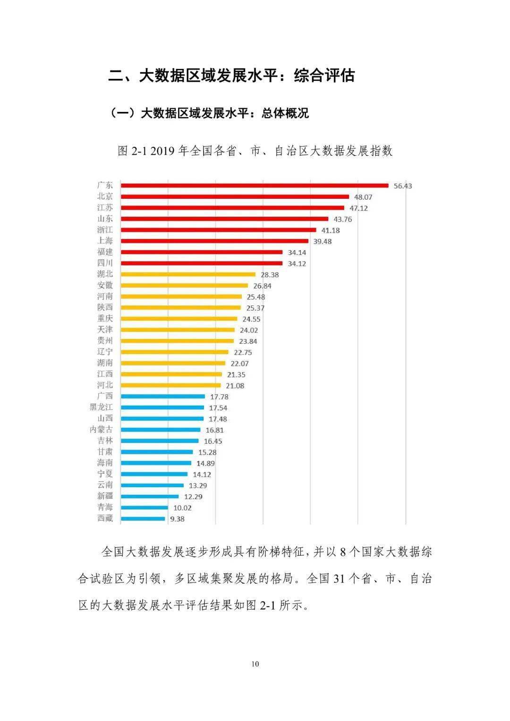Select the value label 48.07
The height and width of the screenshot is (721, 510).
[x=363, y=197]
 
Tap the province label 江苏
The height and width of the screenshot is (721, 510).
[x=105, y=208]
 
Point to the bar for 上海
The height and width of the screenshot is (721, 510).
[x=214, y=241]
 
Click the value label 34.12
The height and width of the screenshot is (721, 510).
[x=297, y=263]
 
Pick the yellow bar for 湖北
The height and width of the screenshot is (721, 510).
[x=188, y=274]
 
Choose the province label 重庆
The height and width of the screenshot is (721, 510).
[x=105, y=319]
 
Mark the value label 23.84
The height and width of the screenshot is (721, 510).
[x=248, y=341]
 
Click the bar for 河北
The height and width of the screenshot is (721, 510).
[x=170, y=385]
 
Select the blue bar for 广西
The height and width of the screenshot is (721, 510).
[x=163, y=397]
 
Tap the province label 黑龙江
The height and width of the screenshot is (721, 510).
[x=101, y=407]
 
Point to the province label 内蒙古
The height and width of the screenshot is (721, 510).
[x=101, y=430]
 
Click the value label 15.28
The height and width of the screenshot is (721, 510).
[x=207, y=452]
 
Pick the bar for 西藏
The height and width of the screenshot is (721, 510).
[x=143, y=518]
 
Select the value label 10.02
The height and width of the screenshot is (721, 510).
[x=182, y=508]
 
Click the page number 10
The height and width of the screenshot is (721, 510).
[x=255, y=664]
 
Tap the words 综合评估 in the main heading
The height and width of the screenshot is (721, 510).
[x=324, y=76]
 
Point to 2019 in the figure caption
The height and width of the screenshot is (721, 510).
[x=163, y=151]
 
